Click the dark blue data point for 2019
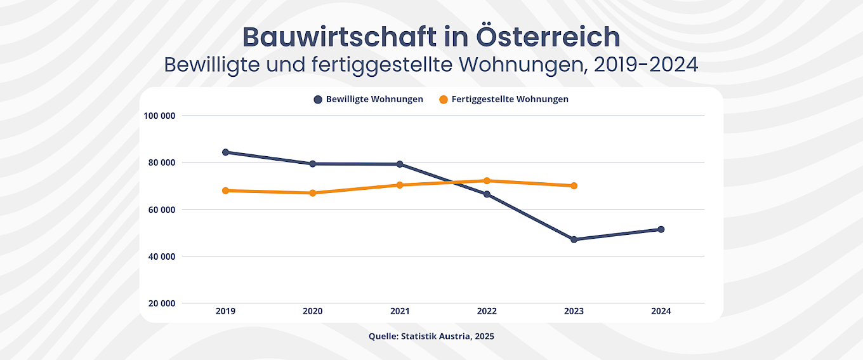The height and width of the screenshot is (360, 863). pos(225,152)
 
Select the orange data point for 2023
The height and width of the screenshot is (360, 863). pos(574,186)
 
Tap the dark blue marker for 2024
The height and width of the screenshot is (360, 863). pos(661,229)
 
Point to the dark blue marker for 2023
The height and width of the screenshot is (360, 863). pos(574,239)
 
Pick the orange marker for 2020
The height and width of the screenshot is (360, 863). pos(312,193)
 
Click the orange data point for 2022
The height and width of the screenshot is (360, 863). pos(487,181)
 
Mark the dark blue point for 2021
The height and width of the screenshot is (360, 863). pos(400,164)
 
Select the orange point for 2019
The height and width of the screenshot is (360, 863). pos(225,190)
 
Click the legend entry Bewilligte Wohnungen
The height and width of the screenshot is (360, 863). pos(368,100)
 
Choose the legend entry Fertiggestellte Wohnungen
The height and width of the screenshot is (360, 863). pos(504,100)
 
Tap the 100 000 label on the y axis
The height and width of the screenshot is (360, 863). pos(160,116)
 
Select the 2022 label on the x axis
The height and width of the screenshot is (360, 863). pos(487,311)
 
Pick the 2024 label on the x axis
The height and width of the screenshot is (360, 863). pos(661,311)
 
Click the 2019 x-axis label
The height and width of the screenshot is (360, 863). pos(225,311)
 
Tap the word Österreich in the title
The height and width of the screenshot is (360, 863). pos(547,37)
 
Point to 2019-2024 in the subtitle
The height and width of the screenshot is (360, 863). pos(647,65)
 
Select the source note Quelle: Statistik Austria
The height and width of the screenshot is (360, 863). pos(431,337)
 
